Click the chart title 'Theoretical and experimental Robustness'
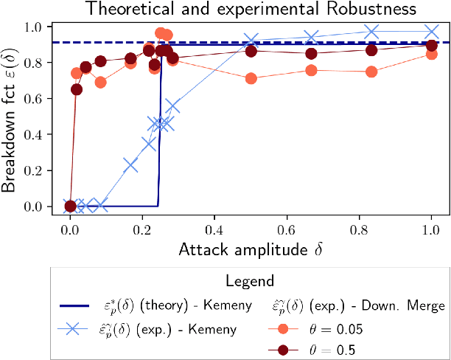coord(250,10)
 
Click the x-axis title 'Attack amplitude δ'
coord(250,250)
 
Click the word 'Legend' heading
coord(251,281)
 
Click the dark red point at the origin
coord(70,207)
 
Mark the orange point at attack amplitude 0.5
coord(251,78)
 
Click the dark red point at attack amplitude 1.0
coord(431,46)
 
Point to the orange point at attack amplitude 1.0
coord(431,54)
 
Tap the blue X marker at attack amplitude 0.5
coord(251,41)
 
